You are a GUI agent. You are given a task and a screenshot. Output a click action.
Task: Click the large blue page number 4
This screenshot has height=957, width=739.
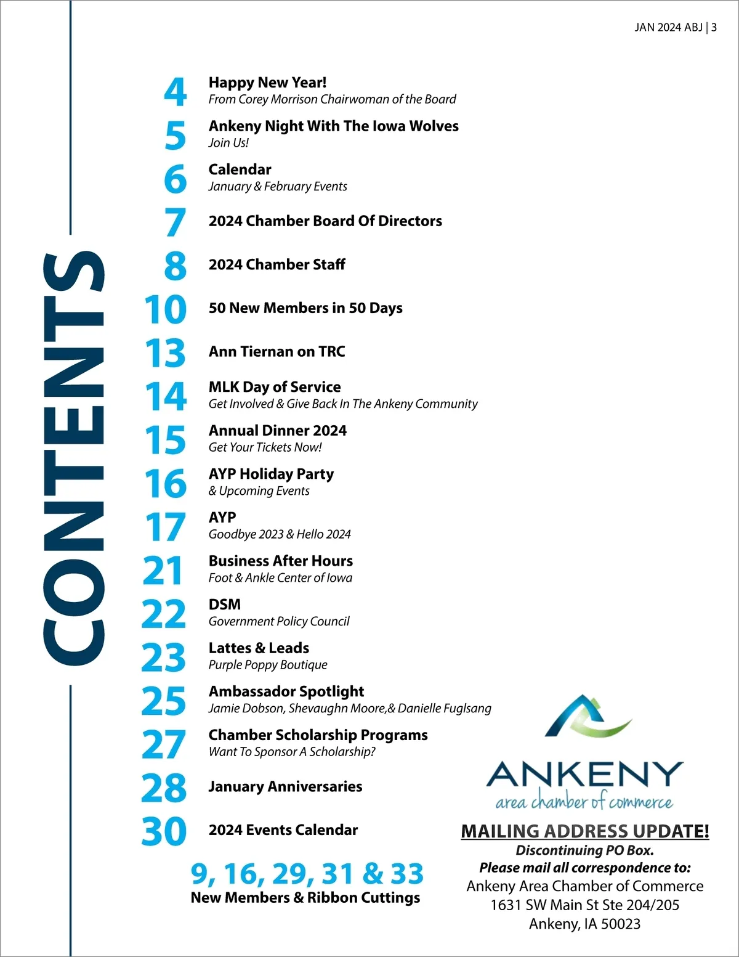click(176, 91)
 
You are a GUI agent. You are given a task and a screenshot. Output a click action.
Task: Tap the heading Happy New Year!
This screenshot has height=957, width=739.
click(267, 83)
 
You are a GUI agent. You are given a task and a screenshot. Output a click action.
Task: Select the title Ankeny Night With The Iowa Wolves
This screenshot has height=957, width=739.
click(333, 126)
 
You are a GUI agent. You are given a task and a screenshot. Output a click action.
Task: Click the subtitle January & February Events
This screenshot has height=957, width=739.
click(278, 186)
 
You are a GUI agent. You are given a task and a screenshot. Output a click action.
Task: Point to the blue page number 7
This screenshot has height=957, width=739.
click(176, 222)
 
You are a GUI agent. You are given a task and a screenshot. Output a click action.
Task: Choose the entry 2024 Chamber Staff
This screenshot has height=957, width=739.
click(277, 264)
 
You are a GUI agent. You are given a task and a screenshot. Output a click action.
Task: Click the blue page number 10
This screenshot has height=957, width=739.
click(166, 309)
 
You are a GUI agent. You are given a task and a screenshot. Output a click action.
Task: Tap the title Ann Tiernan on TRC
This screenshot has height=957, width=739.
click(277, 351)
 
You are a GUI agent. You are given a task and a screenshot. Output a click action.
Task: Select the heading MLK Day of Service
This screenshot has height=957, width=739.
click(275, 387)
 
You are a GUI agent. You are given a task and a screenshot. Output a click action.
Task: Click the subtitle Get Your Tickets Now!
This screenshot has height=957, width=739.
click(265, 447)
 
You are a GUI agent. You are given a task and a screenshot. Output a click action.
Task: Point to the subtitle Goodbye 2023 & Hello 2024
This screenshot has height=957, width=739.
click(280, 534)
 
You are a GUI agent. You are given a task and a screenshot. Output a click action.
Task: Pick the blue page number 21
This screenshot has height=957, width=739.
click(163, 571)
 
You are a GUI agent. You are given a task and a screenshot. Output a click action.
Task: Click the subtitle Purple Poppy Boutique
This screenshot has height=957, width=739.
click(268, 665)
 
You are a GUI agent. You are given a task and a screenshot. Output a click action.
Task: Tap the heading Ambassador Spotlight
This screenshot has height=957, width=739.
click(286, 691)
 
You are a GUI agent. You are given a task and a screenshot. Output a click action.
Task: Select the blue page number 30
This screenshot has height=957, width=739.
click(164, 831)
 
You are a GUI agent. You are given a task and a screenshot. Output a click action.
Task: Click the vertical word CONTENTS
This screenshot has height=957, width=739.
click(74, 458)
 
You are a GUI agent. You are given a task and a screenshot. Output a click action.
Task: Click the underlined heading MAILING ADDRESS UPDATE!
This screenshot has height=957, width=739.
click(585, 831)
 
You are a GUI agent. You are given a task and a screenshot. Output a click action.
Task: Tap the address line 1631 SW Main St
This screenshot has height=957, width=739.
click(584, 905)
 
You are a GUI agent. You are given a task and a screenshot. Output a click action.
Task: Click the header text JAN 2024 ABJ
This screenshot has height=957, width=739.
click(668, 28)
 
